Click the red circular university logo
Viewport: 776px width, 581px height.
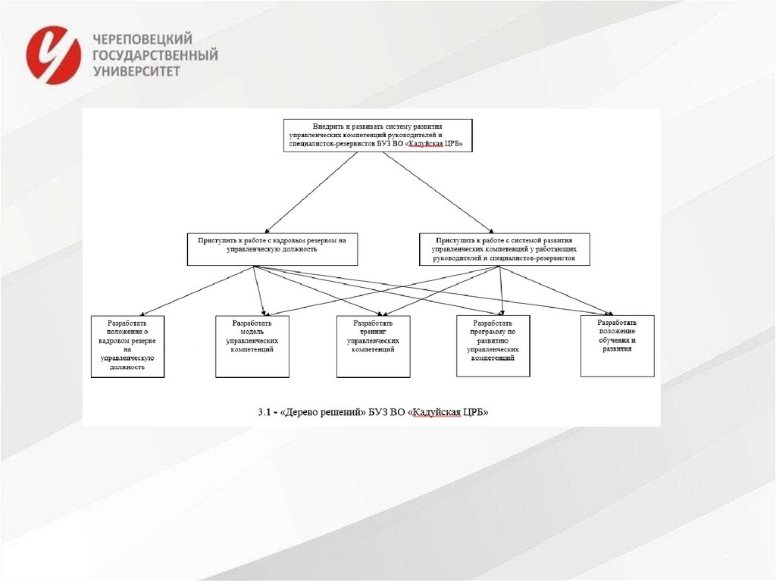click(x=53, y=55)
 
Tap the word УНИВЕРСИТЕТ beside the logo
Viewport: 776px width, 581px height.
click(x=136, y=70)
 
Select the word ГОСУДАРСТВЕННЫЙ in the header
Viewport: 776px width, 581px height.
click(x=155, y=55)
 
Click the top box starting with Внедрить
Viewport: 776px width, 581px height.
click(x=377, y=135)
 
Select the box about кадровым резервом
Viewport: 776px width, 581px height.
click(x=272, y=248)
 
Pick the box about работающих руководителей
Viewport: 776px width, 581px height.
click(x=504, y=248)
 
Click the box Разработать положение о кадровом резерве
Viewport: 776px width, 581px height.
click(x=127, y=346)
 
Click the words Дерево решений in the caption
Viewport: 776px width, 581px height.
click(x=324, y=413)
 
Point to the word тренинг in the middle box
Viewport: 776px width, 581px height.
click(x=373, y=332)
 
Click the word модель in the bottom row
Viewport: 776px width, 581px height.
click(x=252, y=332)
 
